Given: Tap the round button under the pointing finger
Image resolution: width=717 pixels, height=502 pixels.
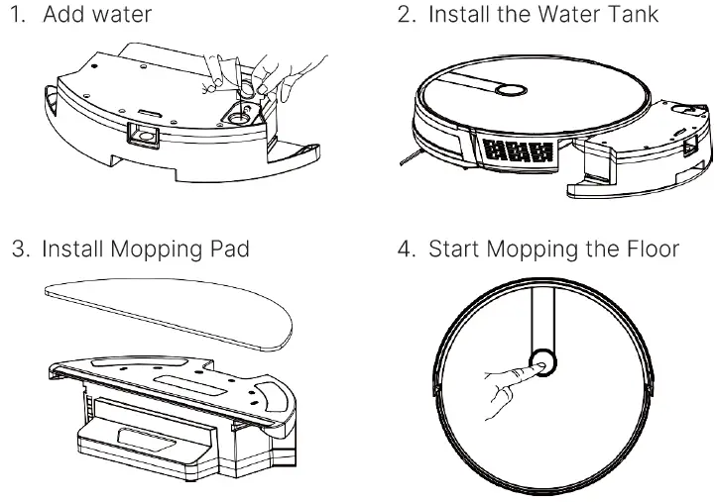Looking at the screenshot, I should (542, 364).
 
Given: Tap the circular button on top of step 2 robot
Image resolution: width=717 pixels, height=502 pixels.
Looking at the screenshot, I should (511, 89).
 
